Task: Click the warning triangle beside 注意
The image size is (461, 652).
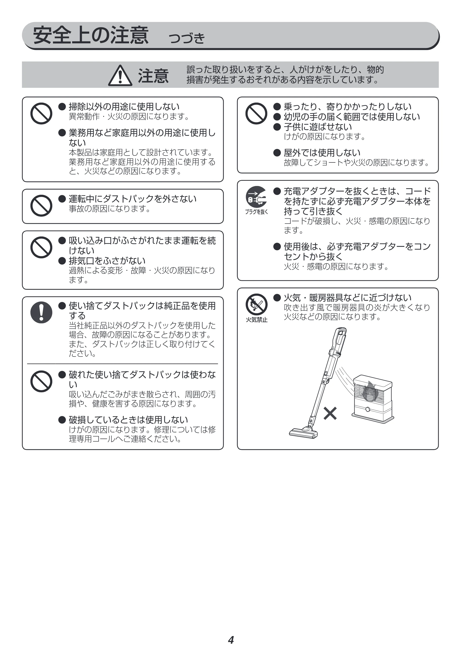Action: pos(120,76)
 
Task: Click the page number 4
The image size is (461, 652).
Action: pos(231,640)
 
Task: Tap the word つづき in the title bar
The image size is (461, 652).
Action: pos(187,38)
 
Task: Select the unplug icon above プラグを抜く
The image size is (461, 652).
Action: pos(256,197)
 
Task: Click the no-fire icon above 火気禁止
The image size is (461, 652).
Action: pos(256,304)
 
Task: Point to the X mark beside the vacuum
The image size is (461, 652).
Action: pos(330,413)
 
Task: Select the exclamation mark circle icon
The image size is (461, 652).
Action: pos(41,312)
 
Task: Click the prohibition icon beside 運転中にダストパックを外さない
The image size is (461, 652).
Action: pos(41,206)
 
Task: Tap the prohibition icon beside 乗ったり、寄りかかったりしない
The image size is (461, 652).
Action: pos(256,114)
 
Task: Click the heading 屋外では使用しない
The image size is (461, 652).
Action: pos(322,153)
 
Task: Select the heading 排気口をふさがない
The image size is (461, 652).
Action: pos(107,261)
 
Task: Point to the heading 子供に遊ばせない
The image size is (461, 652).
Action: pos(318,127)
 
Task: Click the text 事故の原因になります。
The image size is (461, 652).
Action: pos(110,209)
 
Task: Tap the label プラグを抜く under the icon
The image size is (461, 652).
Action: pos(256,212)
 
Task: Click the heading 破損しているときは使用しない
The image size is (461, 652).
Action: pos(128,420)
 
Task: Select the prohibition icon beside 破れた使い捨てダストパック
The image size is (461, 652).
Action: pos(41,381)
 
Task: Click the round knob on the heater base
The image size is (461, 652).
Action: pos(368,409)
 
